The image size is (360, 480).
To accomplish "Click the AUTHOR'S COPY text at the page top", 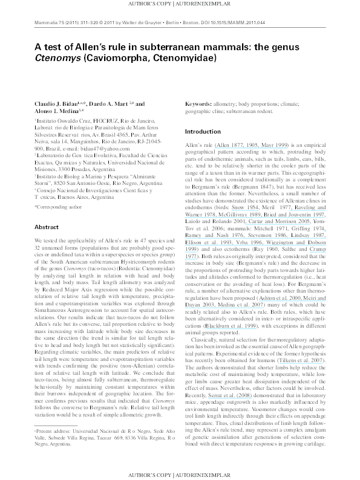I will [151, 5].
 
